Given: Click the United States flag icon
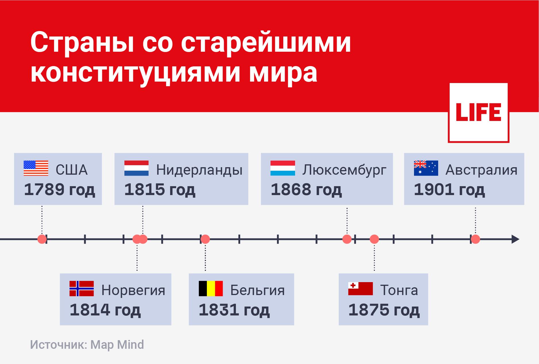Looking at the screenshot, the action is tap(36, 168).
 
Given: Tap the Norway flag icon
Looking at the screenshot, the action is tap(82, 288).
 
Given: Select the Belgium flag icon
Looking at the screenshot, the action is tap(211, 288).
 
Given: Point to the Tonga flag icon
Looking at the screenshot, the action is tap(360, 288).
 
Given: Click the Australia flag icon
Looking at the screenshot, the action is tap(426, 168).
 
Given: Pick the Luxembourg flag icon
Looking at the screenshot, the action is tap(283, 168).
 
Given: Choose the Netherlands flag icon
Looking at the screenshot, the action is tap(136, 168).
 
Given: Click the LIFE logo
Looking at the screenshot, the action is tap(479, 113).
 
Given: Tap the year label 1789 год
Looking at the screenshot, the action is tap(59, 190).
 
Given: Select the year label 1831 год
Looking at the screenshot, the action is tap(234, 310).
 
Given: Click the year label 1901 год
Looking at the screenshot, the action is tap(449, 190).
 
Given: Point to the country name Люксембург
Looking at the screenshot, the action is tap(344, 170).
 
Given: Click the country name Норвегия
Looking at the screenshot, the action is tap(133, 290).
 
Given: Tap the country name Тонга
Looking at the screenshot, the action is tap(399, 290).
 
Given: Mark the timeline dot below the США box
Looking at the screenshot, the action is tap(42, 239).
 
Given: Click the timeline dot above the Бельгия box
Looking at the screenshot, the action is tap(205, 239).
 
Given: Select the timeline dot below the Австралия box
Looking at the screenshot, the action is tap(476, 239).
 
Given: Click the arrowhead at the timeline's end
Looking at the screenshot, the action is tap(516, 239).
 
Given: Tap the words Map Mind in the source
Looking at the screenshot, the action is tap(117, 345).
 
